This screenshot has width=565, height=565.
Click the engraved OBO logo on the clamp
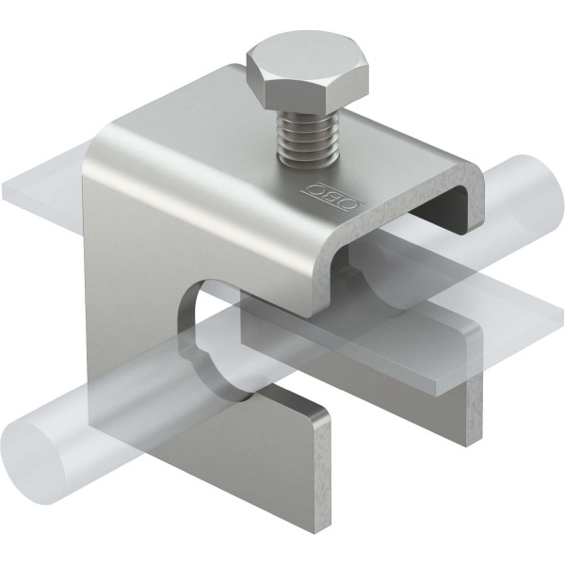click(x=334, y=196)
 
